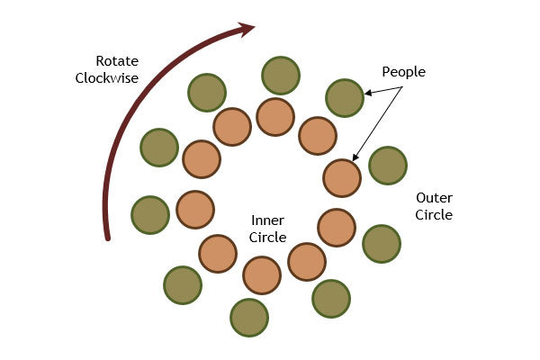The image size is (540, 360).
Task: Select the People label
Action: click(403, 71)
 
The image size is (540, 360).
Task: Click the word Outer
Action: click(433, 198)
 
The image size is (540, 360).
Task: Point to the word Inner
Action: click(267, 220)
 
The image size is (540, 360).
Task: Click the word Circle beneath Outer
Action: click(434, 215)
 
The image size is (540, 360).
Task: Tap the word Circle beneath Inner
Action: click(268, 238)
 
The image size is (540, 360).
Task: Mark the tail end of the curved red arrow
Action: click(107, 238)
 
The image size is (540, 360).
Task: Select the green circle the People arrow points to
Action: click(344, 97)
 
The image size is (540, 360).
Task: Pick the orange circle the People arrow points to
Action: click(342, 177)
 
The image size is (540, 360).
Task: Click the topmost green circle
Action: click(280, 75)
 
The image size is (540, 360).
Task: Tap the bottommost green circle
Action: click(249, 317)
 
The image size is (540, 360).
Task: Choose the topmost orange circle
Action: click(275, 117)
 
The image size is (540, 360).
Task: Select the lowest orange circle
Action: click(262, 274)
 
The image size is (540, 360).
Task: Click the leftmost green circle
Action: click(150, 214)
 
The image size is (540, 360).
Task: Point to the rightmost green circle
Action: click(388, 165)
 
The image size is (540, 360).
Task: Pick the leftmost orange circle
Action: click(195, 209)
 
